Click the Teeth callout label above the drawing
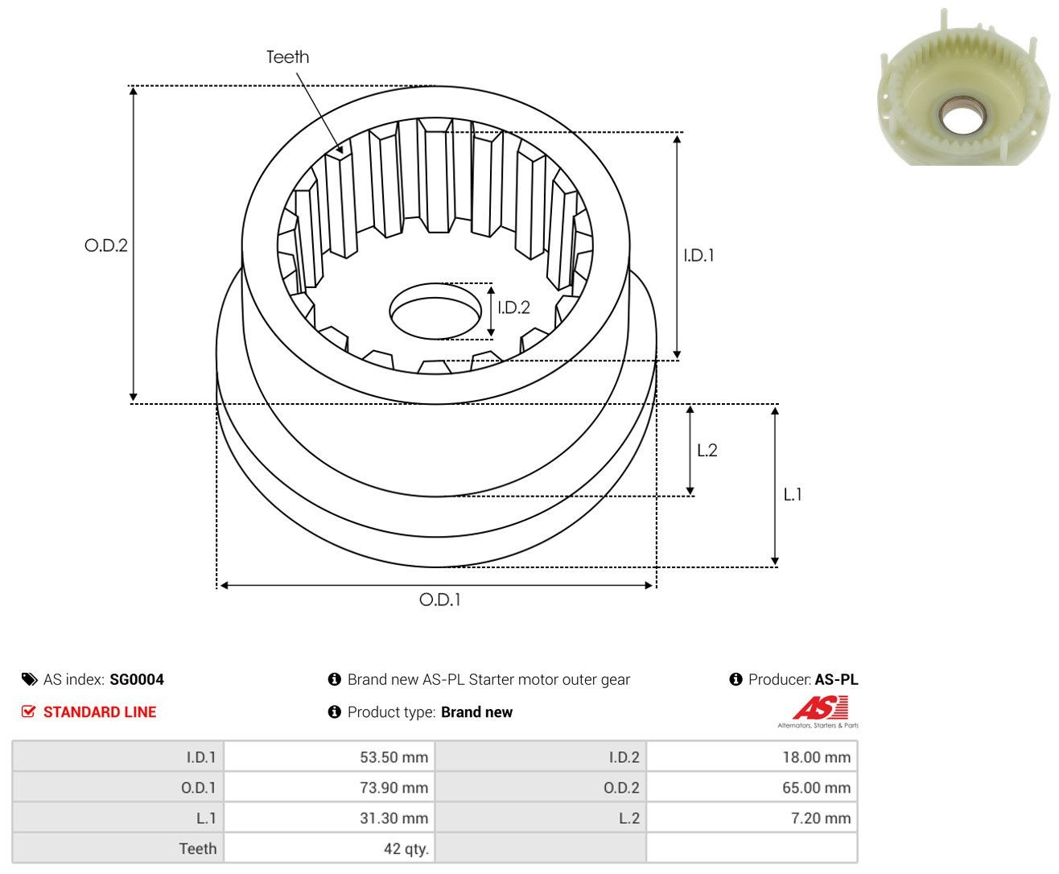coord(287,57)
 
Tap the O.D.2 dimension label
coord(106,245)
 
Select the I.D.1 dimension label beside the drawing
coord(698,255)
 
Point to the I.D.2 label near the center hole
coord(513,307)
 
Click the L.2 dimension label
coord(707,450)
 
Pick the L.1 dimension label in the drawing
coord(793,494)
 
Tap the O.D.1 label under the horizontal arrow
coord(439,600)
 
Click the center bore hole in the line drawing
coord(435,311)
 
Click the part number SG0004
coord(137,679)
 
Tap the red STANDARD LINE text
coord(100,711)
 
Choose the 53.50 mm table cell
coord(329,757)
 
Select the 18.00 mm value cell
coord(752,757)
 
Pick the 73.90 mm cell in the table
coord(329,787)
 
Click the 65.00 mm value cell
coord(752,787)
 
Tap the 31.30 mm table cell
coord(329,818)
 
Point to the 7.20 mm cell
coord(752,818)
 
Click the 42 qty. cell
coord(329,848)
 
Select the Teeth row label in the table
coord(198,848)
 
